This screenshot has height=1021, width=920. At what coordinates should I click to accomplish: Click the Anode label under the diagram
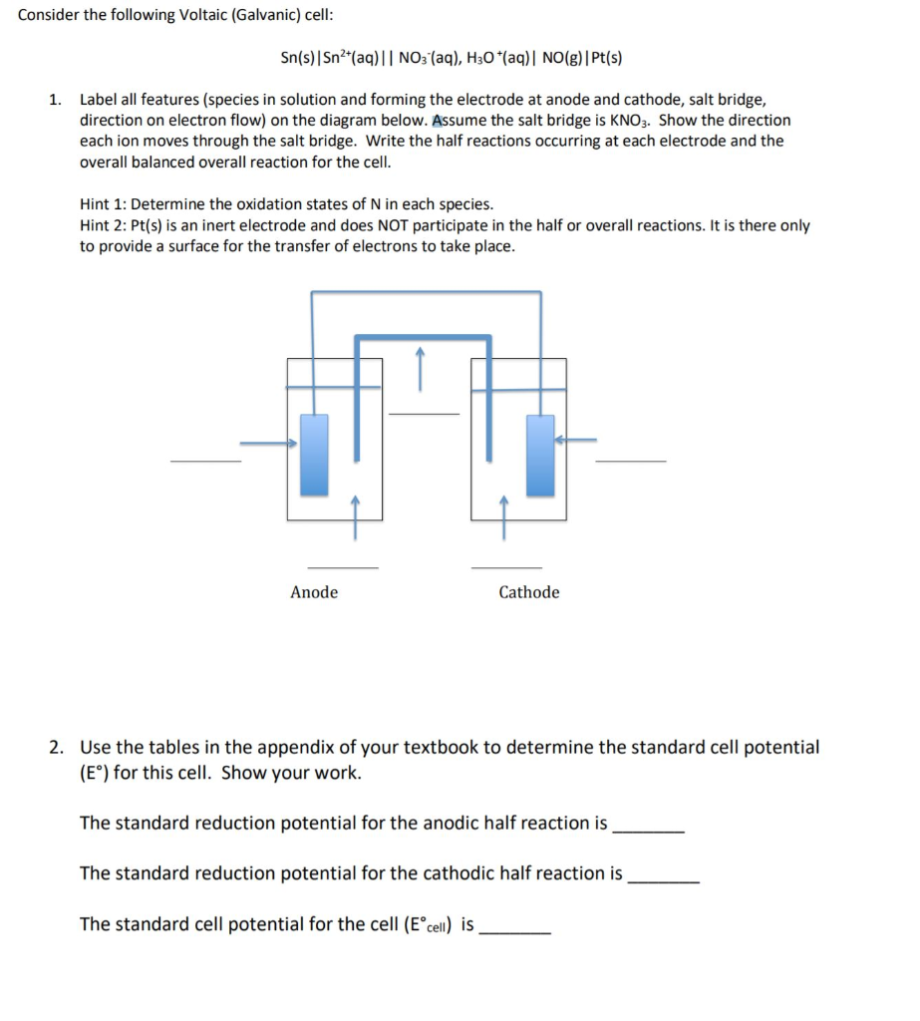(x=314, y=592)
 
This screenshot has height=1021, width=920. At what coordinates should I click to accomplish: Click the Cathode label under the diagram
(x=528, y=592)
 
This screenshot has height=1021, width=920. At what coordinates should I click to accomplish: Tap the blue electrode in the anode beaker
(x=314, y=455)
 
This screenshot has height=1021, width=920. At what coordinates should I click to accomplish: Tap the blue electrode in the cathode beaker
(x=540, y=455)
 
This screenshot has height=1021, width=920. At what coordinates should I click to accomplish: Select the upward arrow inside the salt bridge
(x=420, y=368)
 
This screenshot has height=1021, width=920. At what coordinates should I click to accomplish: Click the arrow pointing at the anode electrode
(x=269, y=443)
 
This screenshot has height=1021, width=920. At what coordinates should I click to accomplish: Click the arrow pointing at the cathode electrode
(x=575, y=439)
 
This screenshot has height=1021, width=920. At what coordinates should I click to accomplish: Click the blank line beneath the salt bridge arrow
(x=424, y=413)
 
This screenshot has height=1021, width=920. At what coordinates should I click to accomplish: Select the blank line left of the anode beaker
(x=205, y=461)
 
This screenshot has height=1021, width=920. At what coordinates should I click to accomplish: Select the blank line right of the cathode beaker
(x=630, y=461)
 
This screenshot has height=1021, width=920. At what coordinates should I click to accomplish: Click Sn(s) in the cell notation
(x=297, y=58)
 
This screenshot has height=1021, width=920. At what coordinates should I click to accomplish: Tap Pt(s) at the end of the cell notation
(x=604, y=58)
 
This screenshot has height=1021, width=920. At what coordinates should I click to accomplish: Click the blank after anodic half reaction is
(x=649, y=830)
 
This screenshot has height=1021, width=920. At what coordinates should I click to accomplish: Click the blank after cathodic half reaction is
(x=665, y=880)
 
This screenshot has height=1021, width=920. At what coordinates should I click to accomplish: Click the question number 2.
(x=59, y=747)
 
